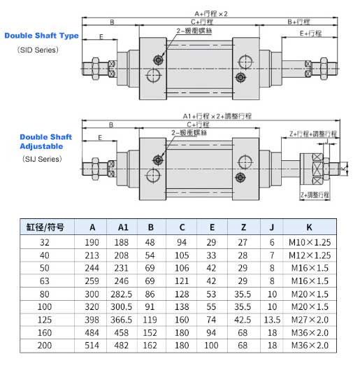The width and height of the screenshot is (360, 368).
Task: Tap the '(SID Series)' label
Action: [31, 50]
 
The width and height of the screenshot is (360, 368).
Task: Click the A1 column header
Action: [123, 227]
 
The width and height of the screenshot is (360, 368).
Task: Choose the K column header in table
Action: [308, 227]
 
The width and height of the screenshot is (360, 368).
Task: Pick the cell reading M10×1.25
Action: [308, 241]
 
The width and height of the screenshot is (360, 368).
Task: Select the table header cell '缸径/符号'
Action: [45, 227]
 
